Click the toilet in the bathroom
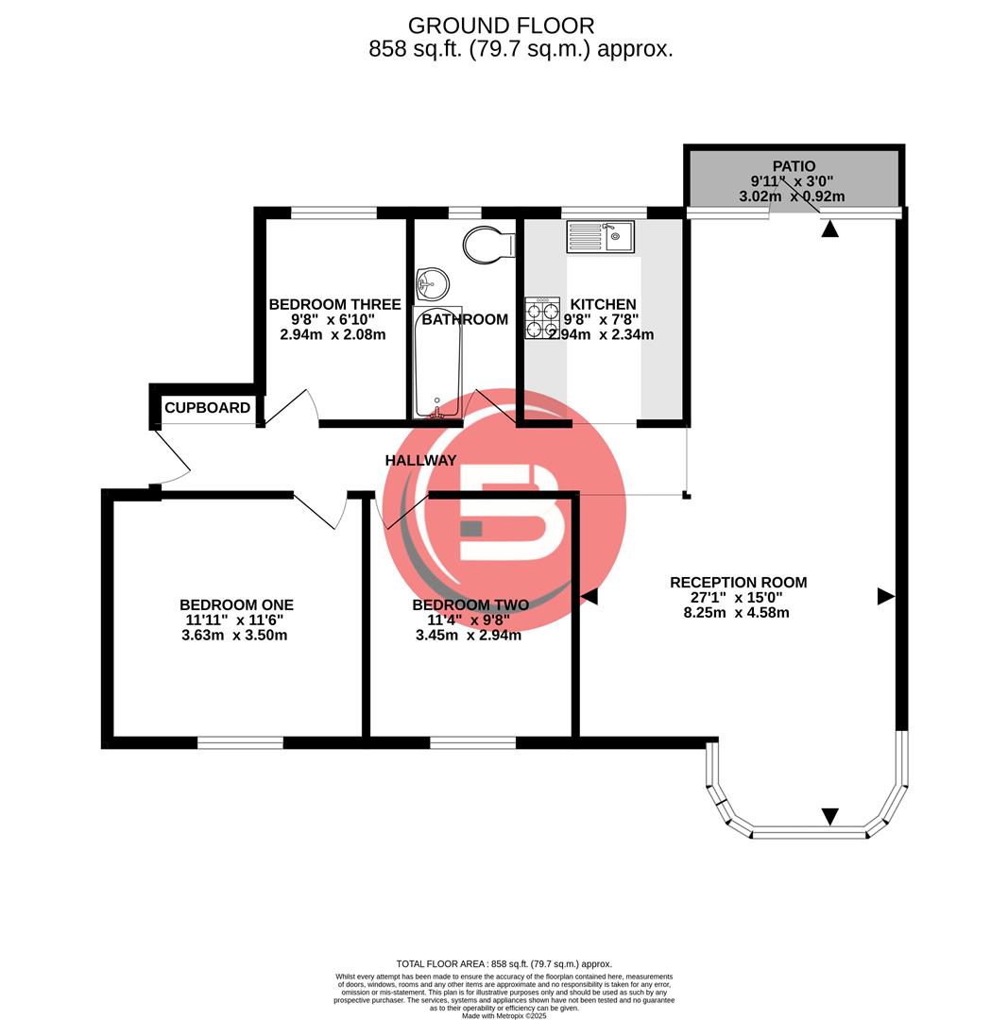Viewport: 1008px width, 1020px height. click(489, 246)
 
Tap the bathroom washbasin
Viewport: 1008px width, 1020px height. click(433, 282)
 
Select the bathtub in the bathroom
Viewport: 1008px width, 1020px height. click(437, 361)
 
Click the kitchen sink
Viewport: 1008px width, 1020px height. click(601, 236)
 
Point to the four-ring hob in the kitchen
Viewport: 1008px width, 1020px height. click(542, 318)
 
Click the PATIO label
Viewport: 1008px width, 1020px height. click(793, 166)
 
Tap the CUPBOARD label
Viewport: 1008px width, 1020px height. click(207, 408)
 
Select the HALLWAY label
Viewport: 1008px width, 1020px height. click(420, 461)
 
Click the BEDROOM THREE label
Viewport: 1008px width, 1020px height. click(334, 304)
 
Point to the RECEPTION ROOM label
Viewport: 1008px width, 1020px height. click(738, 583)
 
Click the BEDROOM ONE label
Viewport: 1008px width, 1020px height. click(236, 605)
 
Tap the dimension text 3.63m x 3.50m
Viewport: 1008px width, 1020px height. click(234, 636)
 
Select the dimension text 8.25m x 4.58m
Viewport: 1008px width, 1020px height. click(737, 613)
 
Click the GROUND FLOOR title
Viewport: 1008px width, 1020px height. click(501, 25)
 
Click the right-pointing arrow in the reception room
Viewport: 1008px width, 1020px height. click(885, 596)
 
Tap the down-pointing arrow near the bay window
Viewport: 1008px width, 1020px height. click(829, 816)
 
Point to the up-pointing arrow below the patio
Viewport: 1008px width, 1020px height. click(829, 229)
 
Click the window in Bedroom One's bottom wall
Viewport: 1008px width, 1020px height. click(240, 743)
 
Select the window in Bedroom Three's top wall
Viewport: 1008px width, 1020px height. click(333, 212)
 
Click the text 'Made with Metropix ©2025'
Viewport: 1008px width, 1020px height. click(504, 1015)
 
